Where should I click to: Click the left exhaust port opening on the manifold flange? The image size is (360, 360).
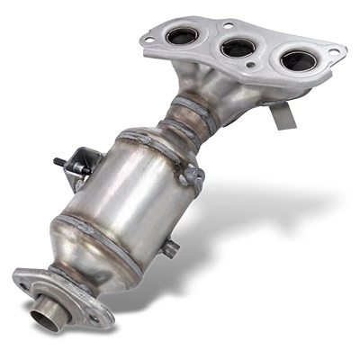[x=184, y=37]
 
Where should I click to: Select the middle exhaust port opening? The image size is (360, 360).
[x=239, y=47]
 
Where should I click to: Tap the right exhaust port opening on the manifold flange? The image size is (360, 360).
[x=298, y=60]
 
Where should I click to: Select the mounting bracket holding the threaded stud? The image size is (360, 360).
[x=84, y=165]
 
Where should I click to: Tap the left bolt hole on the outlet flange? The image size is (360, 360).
[x=23, y=287]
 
